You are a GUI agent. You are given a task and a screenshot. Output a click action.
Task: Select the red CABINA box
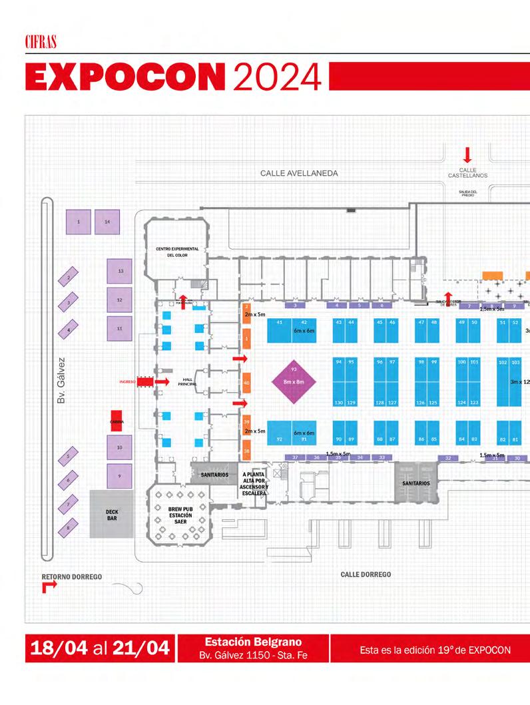coord(117,421)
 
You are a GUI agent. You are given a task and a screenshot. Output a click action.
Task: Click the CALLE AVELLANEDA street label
coord(299,174)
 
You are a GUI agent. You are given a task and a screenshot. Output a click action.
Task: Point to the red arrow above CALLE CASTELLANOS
coord(467,155)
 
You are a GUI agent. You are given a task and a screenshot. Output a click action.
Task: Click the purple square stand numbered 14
coord(107,221)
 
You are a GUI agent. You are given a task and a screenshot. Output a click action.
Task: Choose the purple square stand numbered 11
coord(119,329)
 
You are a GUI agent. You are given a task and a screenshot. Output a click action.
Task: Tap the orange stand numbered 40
coord(246,383)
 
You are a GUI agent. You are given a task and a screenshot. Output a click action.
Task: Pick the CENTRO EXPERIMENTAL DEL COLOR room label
coord(173,252)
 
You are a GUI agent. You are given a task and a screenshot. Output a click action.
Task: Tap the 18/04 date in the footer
coord(56,649)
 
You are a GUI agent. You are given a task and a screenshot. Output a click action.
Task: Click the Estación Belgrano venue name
coord(253,642)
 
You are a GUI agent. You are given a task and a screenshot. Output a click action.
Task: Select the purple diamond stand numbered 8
coord(68,529)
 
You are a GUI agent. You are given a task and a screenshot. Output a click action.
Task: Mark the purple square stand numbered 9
coord(119,476)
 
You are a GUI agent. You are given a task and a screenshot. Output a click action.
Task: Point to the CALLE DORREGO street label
coord(366,575)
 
